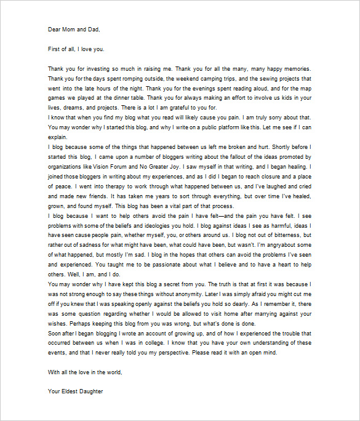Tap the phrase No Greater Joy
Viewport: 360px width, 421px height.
170,167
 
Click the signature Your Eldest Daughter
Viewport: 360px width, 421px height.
75,391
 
